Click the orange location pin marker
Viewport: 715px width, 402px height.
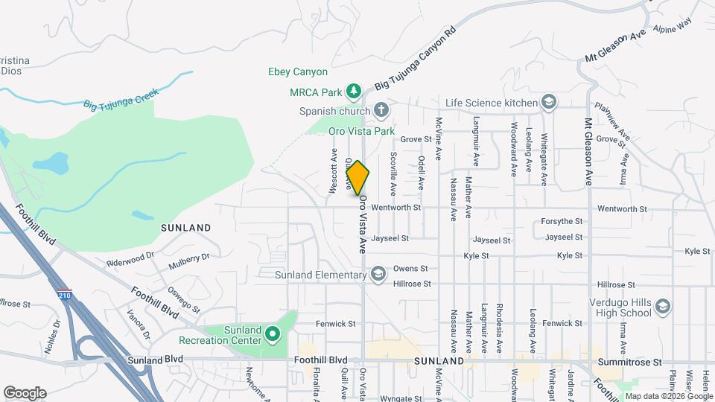point(357,178)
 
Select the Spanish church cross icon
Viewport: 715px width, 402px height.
point(381,111)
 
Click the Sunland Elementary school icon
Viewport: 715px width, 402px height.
point(378,275)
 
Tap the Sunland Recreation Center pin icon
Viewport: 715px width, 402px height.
point(272,335)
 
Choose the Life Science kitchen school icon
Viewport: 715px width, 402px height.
point(549,102)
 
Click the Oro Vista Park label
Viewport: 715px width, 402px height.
point(361,131)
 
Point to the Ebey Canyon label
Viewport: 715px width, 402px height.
point(298,72)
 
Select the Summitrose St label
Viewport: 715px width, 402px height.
point(629,362)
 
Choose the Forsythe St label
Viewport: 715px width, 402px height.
point(562,221)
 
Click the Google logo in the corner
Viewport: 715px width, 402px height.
point(25,393)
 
